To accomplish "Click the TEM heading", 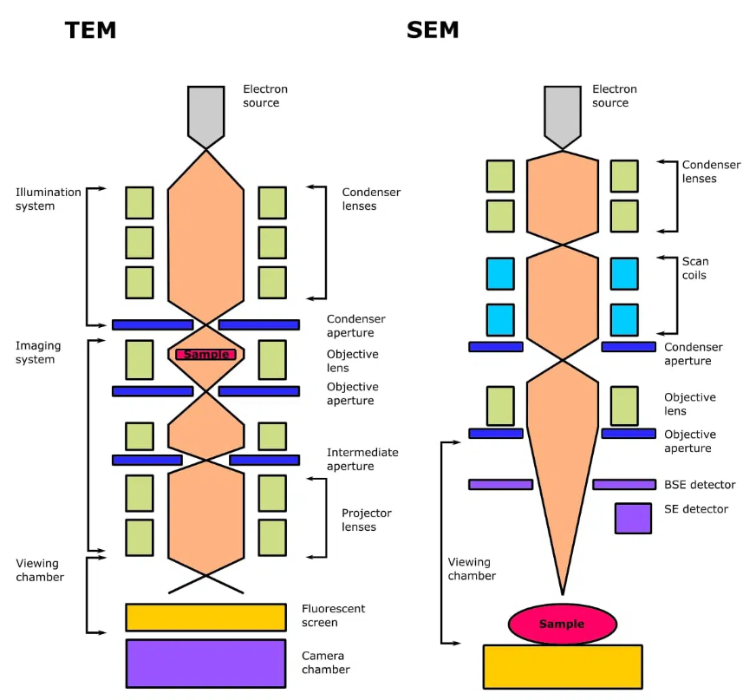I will click(90, 31).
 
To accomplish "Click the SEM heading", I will click(433, 31).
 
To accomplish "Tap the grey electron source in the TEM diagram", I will click(205, 114).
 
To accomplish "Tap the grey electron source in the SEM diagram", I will click(562, 114).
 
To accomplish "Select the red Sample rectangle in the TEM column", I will click(205, 354).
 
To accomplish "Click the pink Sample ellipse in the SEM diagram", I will click(562, 624).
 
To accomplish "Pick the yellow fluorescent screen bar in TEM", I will click(205, 617).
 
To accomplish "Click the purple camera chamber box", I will click(205, 663).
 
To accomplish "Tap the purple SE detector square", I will click(633, 518).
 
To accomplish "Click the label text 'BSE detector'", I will click(700, 485).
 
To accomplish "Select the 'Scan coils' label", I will click(694, 268).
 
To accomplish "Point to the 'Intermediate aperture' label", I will click(362, 459).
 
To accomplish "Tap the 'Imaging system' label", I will click(38, 352).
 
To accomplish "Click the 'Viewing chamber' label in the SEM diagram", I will click(472, 568).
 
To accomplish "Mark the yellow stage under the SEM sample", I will click(562, 665).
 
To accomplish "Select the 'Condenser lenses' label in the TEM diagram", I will click(371, 199).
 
